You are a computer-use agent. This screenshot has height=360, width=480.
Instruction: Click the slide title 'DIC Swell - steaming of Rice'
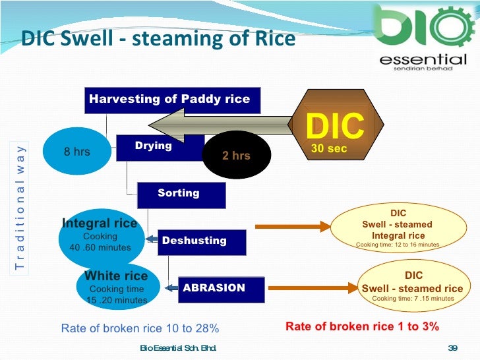point(158,39)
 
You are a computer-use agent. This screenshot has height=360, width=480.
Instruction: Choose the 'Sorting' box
point(180,194)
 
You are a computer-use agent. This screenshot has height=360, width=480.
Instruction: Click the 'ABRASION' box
point(220,288)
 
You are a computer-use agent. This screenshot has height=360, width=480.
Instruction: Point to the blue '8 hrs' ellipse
point(76,152)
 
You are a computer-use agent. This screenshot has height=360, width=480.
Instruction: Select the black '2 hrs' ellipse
point(235,156)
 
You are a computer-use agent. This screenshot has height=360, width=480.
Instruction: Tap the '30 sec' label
point(328,149)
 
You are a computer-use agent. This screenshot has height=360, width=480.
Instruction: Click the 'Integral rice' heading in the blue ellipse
point(100,224)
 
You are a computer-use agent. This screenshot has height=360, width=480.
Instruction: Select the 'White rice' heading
point(116,276)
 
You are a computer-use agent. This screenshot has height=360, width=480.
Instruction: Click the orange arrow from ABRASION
point(311,288)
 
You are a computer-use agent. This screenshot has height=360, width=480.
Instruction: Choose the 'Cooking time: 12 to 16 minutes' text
point(397,245)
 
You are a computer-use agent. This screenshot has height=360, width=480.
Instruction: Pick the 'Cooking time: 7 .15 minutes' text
point(413,299)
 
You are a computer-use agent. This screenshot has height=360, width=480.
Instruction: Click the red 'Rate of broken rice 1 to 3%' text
point(362,326)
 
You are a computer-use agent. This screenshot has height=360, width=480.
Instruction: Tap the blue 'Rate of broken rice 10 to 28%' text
point(140,328)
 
